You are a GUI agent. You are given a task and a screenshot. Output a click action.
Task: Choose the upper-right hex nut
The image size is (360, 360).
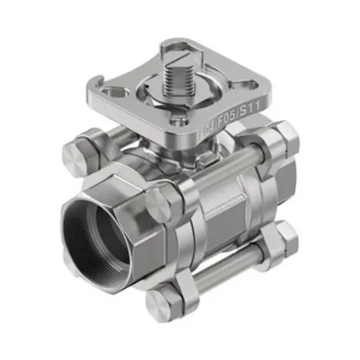click(282, 138)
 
